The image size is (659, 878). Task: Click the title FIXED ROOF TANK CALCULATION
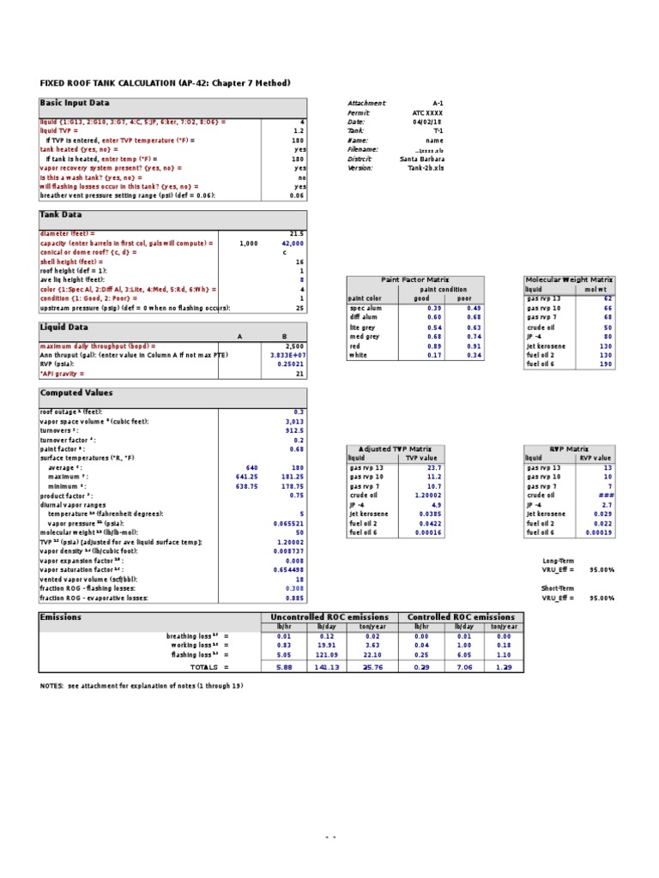point(166,83)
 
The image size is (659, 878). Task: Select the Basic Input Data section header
point(75,103)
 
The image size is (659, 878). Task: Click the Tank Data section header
point(61,215)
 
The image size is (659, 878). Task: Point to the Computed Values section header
point(76,393)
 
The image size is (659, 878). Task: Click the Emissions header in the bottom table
point(61,616)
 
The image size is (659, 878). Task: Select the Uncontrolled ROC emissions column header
point(329,616)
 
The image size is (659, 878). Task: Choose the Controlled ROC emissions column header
point(462,616)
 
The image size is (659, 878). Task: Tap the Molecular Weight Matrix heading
point(569,280)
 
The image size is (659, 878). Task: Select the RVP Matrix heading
point(568,448)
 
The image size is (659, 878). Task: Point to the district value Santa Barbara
point(421,159)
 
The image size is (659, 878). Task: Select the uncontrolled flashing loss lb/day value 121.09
point(329,654)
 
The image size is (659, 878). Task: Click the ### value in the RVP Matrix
point(606,496)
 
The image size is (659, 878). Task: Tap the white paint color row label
point(359,354)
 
